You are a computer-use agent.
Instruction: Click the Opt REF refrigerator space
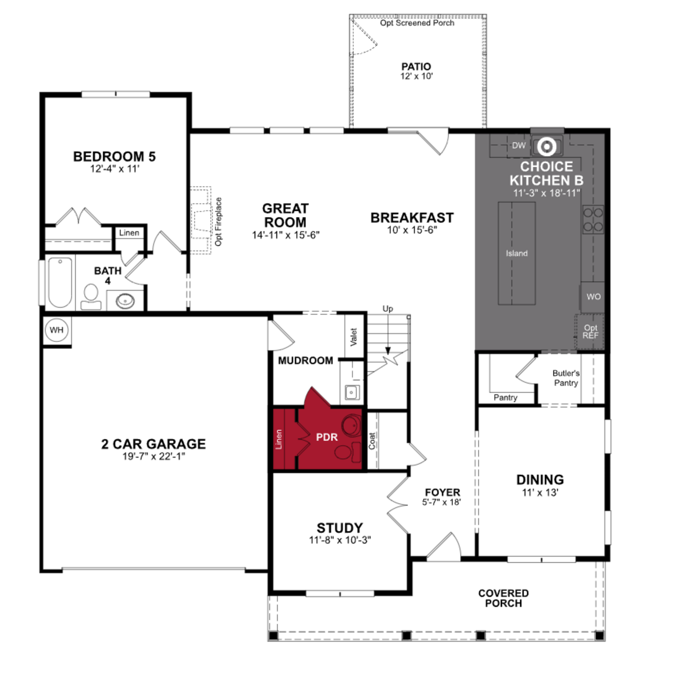(x=590, y=332)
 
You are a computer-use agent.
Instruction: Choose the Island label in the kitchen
(x=517, y=253)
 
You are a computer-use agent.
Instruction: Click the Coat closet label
(x=372, y=441)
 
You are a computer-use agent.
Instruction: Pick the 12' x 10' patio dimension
(x=416, y=76)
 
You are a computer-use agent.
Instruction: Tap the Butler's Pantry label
(x=566, y=378)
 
